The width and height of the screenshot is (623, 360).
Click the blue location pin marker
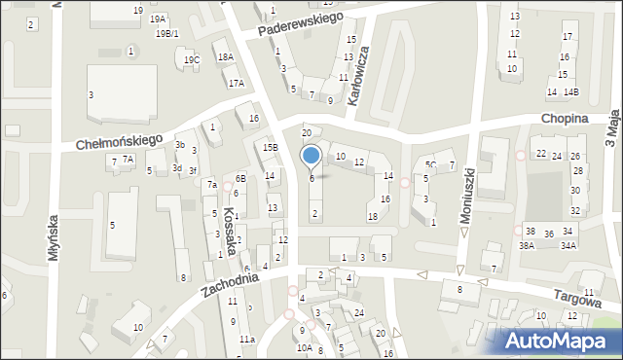coord(311,156)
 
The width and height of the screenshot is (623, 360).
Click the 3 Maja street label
coord(612,127)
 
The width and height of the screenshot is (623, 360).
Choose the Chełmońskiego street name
coord(119,142)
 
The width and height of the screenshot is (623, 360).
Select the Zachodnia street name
coord(231,283)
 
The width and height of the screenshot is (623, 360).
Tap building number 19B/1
coord(167,33)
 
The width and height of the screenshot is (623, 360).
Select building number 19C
coord(192,60)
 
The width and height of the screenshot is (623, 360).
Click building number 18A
coord(226,57)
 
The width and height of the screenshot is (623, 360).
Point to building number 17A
coord(236,84)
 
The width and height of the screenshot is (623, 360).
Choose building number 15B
coord(271,148)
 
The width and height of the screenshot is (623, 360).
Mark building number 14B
coord(571,92)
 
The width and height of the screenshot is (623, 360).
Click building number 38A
coord(527,246)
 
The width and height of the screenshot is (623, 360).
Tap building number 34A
coord(568,246)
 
